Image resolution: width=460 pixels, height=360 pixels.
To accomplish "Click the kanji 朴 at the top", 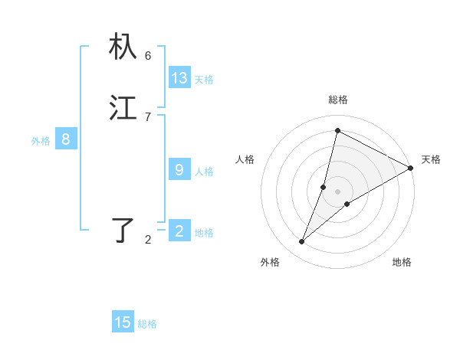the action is pos(123,47).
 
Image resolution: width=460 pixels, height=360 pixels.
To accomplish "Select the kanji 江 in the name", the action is pos(123,108).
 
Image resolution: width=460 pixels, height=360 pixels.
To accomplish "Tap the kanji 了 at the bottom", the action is pos(123,230).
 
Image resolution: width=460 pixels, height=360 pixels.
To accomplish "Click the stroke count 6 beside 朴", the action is pos(148,56).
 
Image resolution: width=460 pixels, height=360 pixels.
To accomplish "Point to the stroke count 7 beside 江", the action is pos(148,116).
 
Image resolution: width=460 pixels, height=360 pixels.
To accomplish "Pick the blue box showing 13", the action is pos(179,78).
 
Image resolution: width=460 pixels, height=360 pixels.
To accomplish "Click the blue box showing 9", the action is pos(179,170).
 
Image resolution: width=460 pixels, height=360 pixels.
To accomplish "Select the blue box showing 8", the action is pos(66,139).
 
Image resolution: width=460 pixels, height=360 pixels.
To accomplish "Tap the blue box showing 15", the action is pos(123,322).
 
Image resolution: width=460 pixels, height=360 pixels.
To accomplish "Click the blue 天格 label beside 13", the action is pos(204,80).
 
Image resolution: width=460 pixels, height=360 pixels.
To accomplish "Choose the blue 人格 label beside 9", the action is pos(204,172).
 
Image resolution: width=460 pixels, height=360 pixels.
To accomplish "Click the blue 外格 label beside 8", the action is pos(41,141).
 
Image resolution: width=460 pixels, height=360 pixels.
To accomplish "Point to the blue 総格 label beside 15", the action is pos(147,324).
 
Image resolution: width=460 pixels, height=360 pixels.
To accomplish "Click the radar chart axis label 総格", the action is pos(338,100).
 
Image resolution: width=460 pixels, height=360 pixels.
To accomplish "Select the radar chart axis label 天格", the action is pos(431,159).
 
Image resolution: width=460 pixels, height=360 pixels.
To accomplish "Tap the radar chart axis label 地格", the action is pos(402,263).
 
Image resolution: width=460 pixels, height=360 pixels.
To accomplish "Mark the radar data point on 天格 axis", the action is pos(411,168).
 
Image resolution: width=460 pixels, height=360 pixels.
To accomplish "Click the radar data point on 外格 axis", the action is pos(302,242).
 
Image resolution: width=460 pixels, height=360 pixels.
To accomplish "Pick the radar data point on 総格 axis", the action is pos(337,130).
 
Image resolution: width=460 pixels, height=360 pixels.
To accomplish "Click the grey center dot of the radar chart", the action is pos(337,191).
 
